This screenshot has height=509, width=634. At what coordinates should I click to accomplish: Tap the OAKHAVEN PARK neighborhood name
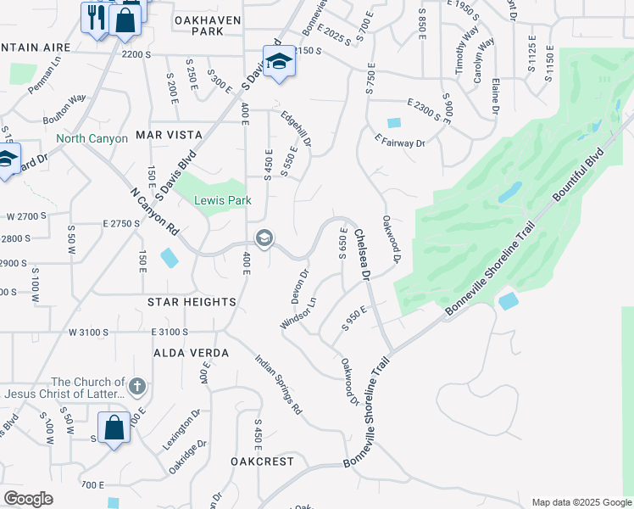[x=208, y=25]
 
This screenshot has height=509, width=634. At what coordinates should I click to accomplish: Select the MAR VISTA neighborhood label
[x=169, y=135]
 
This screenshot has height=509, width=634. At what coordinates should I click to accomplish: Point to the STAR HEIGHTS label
[x=191, y=302]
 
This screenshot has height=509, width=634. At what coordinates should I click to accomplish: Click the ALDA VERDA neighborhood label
[x=191, y=353]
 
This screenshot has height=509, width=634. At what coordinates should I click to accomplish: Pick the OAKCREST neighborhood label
[x=262, y=461]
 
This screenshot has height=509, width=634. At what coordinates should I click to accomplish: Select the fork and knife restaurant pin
[x=95, y=17]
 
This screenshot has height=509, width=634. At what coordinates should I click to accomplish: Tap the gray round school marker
[x=264, y=238]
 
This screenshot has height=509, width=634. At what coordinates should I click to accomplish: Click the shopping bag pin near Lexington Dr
[x=114, y=428]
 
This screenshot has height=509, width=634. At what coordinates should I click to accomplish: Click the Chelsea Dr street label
[x=362, y=255]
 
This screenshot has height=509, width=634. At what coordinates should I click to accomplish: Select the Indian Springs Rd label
[x=279, y=384]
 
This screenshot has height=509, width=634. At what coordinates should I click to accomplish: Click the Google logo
[x=28, y=499]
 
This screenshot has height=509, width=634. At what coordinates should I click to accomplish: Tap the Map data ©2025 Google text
[x=581, y=502]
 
